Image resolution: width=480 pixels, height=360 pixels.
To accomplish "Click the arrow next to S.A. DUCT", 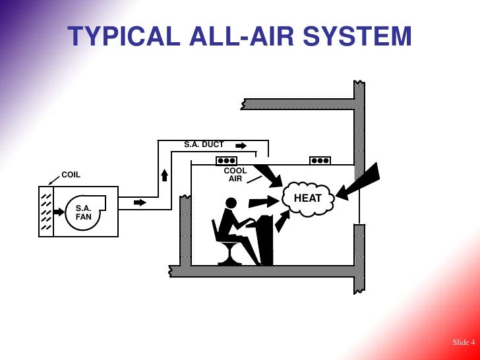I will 241,145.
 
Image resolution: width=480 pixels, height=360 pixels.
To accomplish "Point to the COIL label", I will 71,175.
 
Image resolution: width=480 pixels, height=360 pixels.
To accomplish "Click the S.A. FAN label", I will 84,212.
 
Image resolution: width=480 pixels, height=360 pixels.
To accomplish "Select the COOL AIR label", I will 235,175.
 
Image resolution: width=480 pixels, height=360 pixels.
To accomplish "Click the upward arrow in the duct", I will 165,175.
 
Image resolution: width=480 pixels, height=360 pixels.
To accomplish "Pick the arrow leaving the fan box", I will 140,202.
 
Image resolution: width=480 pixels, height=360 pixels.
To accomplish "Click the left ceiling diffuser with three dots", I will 227,160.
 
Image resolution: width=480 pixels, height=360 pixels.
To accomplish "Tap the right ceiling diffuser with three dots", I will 320,160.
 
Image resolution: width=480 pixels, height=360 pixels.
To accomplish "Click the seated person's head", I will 232,203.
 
